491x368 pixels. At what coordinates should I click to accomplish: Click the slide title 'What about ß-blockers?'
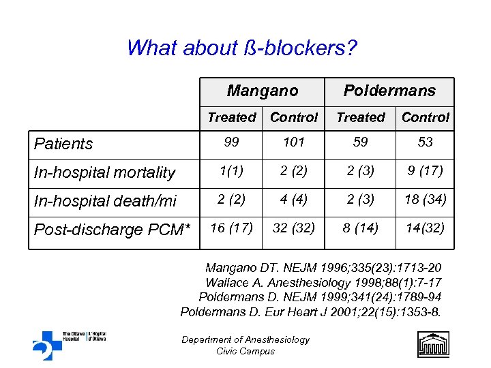(x=242, y=48)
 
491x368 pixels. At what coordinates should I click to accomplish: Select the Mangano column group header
(x=263, y=91)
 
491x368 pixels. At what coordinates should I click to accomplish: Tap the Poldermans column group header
(x=389, y=91)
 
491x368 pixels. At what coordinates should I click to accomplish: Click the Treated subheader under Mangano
(x=231, y=117)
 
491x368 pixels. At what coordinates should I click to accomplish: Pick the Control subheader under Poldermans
(x=426, y=117)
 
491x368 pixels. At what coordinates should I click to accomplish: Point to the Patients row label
(x=63, y=144)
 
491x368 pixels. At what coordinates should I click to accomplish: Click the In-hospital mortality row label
(x=104, y=173)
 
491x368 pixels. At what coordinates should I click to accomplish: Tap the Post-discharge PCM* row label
(x=110, y=230)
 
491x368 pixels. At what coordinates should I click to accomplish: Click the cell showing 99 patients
(x=231, y=142)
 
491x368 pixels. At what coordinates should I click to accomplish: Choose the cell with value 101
(x=294, y=142)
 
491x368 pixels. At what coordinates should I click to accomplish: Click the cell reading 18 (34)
(x=426, y=200)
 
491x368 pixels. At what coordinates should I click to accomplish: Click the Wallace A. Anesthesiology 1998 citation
(x=323, y=282)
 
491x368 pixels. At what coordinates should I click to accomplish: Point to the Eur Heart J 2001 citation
(x=311, y=312)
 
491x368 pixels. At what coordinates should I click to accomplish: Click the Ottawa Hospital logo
(x=68, y=343)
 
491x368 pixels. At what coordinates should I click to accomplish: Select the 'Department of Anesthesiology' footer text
(x=245, y=339)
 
